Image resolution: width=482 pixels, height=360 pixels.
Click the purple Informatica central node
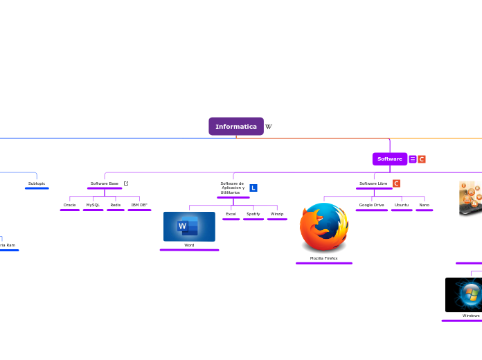[x=236, y=127]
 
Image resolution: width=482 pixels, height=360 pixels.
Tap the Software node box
[x=389, y=159]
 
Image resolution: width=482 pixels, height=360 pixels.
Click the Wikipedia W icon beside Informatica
[x=269, y=127]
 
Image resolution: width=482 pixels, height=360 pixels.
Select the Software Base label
[x=105, y=183]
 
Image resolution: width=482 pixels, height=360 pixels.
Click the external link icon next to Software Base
[x=126, y=183]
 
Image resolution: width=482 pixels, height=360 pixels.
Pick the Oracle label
[x=70, y=205]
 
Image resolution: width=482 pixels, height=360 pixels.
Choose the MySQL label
[x=93, y=205]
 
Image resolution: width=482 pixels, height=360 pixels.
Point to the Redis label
[x=116, y=205]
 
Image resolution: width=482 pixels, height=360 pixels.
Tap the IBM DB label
[x=139, y=205]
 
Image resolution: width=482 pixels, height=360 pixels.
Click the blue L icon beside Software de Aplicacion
[x=253, y=188]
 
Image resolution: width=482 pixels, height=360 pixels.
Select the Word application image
[x=189, y=226]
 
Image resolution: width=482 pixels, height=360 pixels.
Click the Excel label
[x=231, y=214]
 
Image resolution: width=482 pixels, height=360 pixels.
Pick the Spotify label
[x=253, y=214]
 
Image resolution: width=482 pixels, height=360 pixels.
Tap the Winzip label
[x=277, y=214]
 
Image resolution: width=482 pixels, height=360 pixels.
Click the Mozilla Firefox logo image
[x=324, y=228]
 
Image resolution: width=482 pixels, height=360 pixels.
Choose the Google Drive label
[x=371, y=205]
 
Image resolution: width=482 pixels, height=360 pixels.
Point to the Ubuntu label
[x=402, y=205]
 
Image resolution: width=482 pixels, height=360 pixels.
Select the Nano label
[x=425, y=205]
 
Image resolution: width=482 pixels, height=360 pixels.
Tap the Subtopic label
[x=37, y=183]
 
